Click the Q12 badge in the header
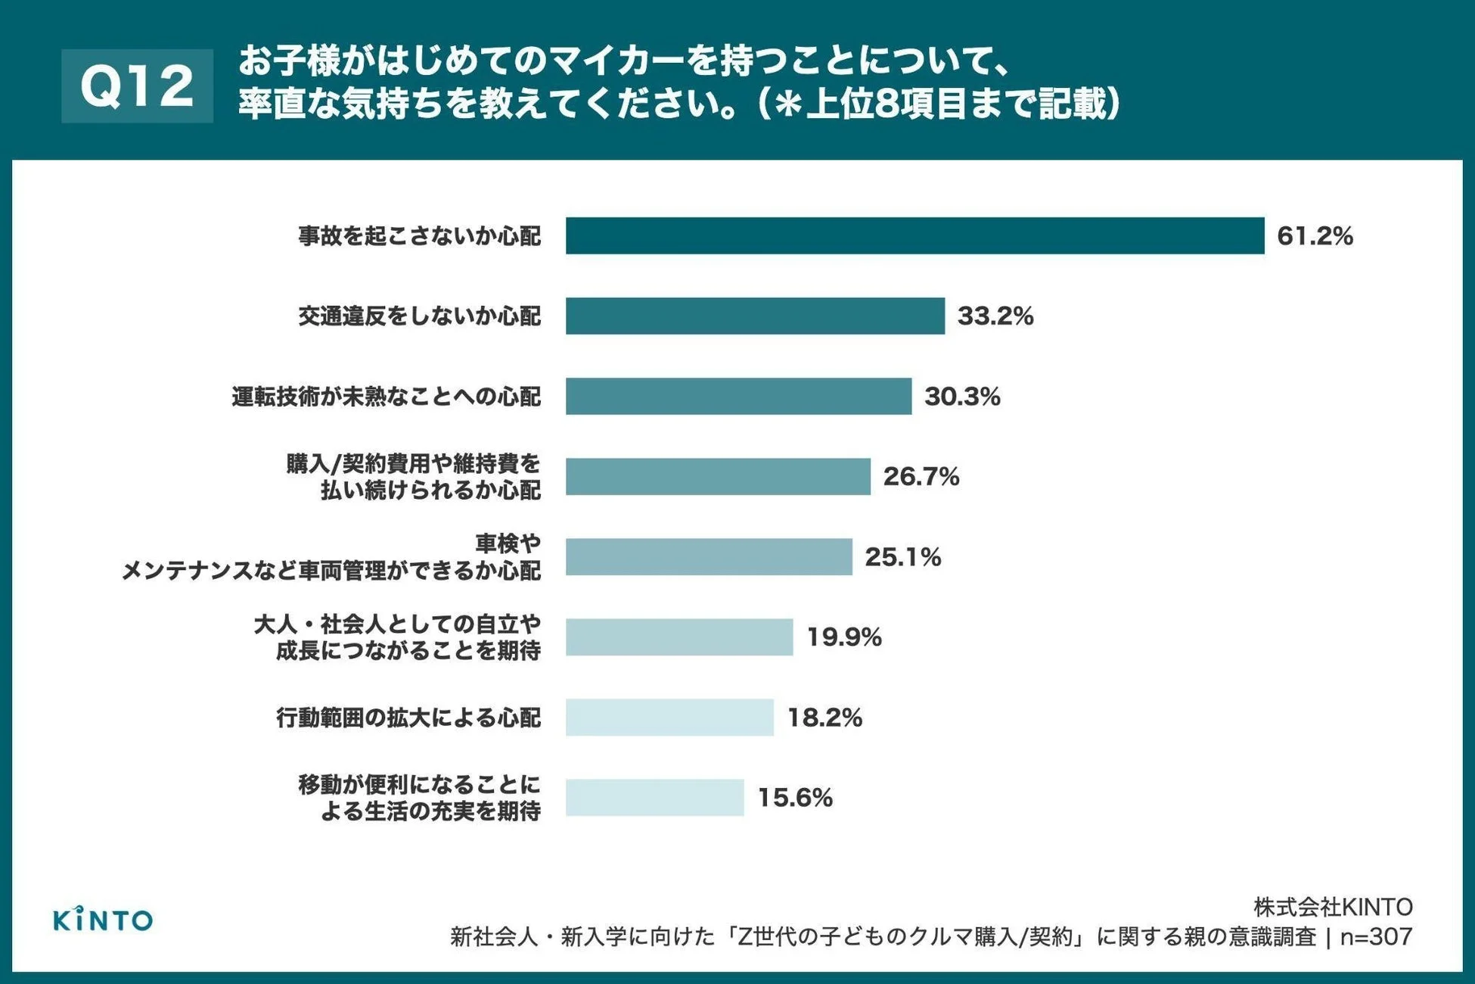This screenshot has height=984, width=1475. click(137, 86)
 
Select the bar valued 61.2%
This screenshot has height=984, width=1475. click(914, 235)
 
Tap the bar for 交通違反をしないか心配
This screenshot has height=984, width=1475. click(755, 316)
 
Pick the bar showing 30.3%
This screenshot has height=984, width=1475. click(738, 396)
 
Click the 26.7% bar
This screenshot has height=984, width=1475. click(718, 476)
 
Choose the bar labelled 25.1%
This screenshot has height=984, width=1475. click(709, 557)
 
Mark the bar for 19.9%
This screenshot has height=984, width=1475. click(678, 637)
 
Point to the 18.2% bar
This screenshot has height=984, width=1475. click(669, 718)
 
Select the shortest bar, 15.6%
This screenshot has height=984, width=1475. click(654, 798)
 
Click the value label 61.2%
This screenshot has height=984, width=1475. click(1315, 236)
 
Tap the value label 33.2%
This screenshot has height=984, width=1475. click(995, 316)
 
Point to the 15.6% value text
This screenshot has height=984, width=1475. click(795, 798)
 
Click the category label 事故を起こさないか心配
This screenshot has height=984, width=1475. click(419, 236)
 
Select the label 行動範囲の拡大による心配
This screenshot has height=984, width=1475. click(408, 718)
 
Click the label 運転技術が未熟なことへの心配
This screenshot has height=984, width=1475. click(386, 396)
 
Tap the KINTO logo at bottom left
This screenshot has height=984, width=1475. click(103, 920)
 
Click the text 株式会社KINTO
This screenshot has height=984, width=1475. click(1332, 907)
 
